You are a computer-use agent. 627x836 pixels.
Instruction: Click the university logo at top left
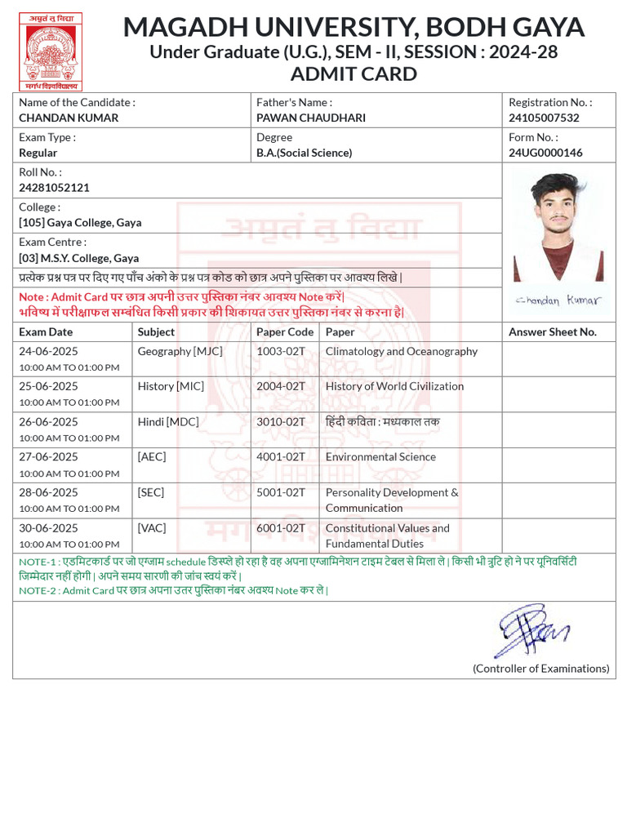tap(51, 51)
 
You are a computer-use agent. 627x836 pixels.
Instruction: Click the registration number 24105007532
tap(544, 118)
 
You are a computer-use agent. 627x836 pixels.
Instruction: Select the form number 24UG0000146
tap(545, 153)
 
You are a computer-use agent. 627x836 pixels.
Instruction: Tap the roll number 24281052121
tap(54, 188)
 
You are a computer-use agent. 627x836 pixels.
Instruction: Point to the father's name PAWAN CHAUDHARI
tap(311, 118)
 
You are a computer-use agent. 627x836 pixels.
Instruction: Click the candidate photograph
tap(558, 227)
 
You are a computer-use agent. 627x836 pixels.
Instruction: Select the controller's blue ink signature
tap(533, 630)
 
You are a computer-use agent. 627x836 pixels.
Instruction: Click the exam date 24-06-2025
tap(49, 351)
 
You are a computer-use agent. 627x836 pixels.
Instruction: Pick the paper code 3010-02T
tap(281, 422)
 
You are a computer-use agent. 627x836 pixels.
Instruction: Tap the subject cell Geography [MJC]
tap(180, 351)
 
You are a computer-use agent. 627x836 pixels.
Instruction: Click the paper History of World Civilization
tap(394, 386)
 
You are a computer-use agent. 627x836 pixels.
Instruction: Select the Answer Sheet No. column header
tap(553, 332)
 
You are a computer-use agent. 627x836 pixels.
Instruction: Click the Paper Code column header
tap(285, 332)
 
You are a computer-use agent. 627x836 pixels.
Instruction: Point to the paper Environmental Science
tap(380, 457)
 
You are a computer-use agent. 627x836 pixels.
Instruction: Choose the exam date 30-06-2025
tap(49, 528)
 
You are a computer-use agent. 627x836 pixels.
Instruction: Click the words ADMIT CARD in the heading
tap(354, 74)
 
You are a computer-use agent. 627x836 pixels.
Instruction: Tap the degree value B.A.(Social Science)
tap(304, 153)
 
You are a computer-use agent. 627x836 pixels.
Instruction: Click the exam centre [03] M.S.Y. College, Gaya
tap(79, 258)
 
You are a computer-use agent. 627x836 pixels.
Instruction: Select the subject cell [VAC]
tap(151, 528)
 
